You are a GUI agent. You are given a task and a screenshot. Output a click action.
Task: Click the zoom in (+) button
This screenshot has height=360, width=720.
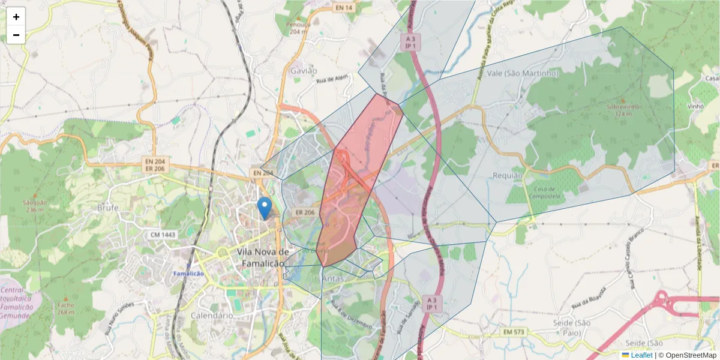pos(16,17)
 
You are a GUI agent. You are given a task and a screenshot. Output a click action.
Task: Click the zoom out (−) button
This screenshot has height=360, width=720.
pos(16,35)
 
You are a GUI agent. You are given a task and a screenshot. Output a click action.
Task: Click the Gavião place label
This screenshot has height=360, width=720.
pos(304,71)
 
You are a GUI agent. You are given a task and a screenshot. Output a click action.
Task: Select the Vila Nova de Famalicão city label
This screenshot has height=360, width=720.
pos(263,257)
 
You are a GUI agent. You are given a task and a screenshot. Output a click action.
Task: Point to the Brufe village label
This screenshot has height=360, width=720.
pos(108,208)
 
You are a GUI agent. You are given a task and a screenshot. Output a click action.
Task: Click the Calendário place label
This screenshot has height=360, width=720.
pos(211,315)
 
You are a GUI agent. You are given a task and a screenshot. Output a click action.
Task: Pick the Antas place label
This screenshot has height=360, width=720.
pos(334,279)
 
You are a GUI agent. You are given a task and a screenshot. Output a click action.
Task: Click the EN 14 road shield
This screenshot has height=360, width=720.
pos(344,7)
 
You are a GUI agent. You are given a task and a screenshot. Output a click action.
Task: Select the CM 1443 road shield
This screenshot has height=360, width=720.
pos(163,235)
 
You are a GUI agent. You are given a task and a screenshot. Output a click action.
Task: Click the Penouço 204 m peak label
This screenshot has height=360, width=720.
pos(299,28)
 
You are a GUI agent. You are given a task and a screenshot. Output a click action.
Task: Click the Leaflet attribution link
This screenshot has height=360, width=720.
pos(641,355)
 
